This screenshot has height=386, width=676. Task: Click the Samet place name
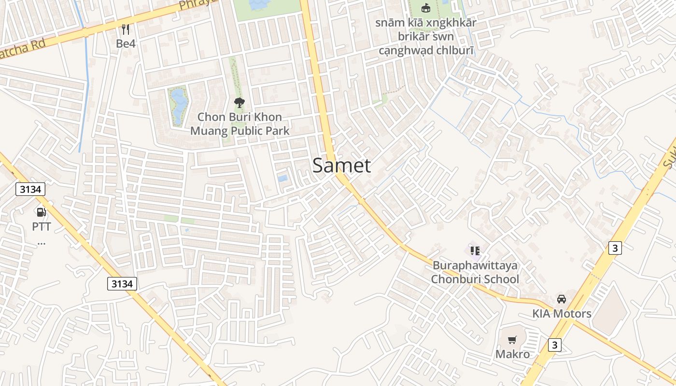(x=341, y=165)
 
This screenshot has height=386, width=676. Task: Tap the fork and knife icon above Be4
(x=126, y=29)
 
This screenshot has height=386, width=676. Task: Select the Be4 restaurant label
(x=126, y=43)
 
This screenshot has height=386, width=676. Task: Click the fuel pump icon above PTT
(x=42, y=212)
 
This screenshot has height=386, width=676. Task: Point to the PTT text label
(x=42, y=226)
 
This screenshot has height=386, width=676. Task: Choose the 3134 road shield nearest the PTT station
(x=30, y=190)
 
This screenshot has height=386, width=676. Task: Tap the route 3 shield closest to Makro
(x=555, y=345)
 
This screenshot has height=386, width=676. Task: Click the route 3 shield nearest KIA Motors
(x=614, y=248)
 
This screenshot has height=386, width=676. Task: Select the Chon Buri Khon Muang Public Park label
(x=239, y=124)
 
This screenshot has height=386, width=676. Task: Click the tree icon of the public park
(x=239, y=102)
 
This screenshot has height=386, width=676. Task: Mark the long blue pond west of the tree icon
(x=178, y=106)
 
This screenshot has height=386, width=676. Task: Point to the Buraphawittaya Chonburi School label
(x=475, y=272)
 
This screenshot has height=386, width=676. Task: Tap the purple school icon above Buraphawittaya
(x=475, y=250)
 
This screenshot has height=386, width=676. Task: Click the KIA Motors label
(x=562, y=314)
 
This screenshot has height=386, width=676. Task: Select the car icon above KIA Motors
(x=562, y=299)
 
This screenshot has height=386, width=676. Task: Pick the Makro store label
(x=512, y=354)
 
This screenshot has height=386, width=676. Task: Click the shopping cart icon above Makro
(x=512, y=340)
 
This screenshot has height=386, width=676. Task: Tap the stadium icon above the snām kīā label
(x=425, y=8)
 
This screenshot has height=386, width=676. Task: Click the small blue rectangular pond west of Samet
(x=282, y=179)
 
